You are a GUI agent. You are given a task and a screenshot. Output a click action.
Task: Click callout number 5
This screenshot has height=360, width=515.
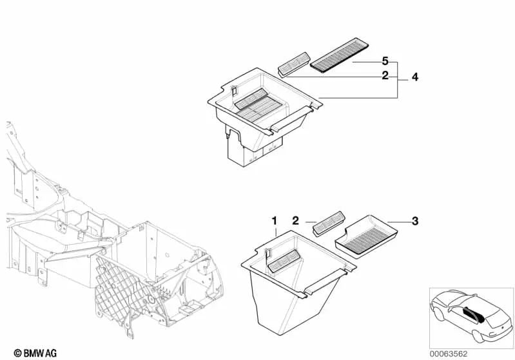click(385, 61)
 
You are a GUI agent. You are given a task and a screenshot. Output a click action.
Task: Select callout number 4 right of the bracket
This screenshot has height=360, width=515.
click(415, 77)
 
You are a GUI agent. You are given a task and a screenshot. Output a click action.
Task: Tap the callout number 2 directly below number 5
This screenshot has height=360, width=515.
click(385, 76)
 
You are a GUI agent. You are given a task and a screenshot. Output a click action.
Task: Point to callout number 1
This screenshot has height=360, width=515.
click(274, 222)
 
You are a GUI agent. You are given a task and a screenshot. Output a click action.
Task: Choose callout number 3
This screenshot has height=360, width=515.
click(415, 222)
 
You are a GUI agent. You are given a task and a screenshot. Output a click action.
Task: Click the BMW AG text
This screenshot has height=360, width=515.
click(28, 353)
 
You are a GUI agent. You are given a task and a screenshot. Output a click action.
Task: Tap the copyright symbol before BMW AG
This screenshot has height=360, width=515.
click(7, 353)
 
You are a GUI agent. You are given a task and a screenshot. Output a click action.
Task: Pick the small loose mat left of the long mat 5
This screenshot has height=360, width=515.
click(293, 64)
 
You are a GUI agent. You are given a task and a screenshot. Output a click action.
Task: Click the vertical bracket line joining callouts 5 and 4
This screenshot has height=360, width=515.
click(398, 79)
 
